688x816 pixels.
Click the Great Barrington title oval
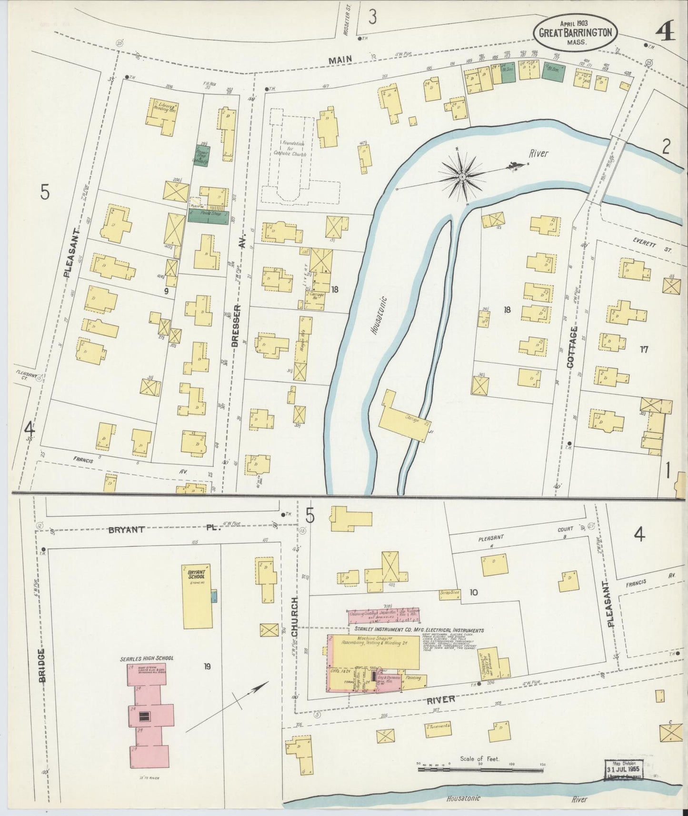575,32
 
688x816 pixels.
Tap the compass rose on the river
461,177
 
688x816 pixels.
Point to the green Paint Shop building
208,216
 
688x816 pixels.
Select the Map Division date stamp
624,770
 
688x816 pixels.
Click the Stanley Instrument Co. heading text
419,630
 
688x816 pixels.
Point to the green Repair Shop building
203,156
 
